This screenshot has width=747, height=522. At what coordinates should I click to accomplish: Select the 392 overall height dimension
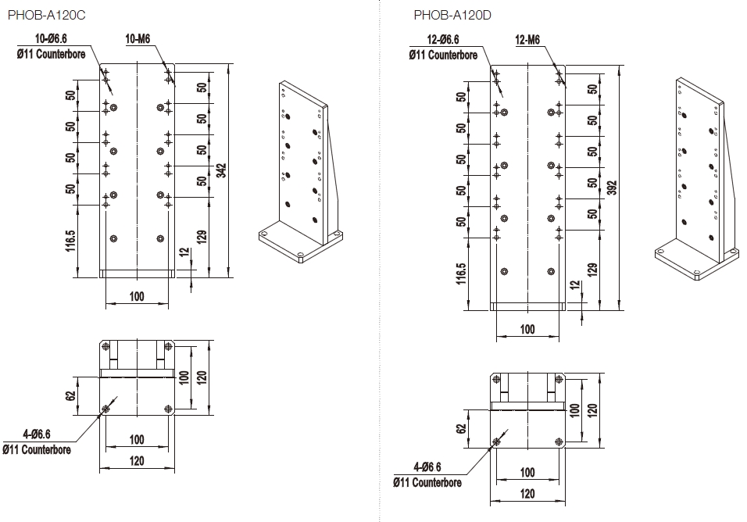point(612,188)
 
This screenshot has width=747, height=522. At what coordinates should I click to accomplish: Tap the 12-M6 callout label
point(528,40)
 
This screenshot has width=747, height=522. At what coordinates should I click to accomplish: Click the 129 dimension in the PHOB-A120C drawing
point(202,237)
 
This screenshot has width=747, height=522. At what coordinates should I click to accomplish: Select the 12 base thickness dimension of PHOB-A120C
point(184,252)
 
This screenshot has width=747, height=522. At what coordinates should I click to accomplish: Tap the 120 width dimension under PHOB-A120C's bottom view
point(137,461)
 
